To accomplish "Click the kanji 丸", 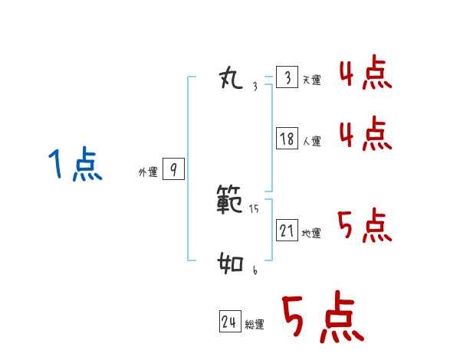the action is (x=231, y=77).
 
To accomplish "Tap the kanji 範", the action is (x=231, y=201).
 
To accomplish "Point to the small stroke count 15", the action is (x=255, y=208).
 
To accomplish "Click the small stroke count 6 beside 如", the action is (x=255, y=270).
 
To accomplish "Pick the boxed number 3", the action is (x=287, y=77).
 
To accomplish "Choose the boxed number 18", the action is (x=287, y=139).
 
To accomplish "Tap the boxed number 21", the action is (x=287, y=230).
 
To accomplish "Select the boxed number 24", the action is (x=229, y=322).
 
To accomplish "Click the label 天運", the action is (x=311, y=80).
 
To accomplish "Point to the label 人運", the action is (x=311, y=142).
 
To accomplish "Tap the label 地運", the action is (x=311, y=234).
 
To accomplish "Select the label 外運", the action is (x=147, y=173).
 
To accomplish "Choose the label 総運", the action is (x=254, y=326).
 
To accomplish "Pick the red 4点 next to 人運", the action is (x=365, y=134).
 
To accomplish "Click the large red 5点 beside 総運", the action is (x=321, y=318).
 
